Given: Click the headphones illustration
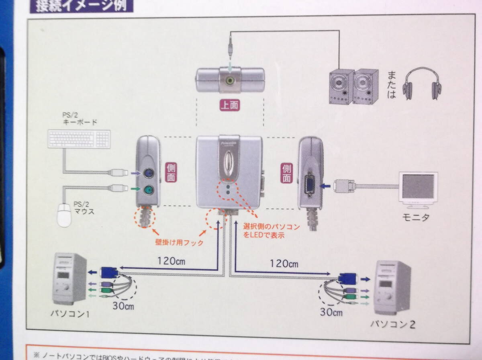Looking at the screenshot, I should pyautogui.click(x=421, y=83).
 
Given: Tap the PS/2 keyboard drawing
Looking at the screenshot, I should pyautogui.click(x=78, y=139).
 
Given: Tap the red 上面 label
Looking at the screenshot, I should pyautogui.click(x=229, y=105).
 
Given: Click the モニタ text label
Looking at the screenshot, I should pyautogui.click(x=416, y=218).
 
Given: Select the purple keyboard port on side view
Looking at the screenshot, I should pyautogui.click(x=148, y=174).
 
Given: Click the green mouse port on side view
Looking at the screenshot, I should pyautogui.click(x=148, y=190).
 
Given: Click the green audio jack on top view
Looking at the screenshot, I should pyautogui.click(x=229, y=80).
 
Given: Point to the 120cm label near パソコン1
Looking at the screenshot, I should pyautogui.click(x=172, y=260).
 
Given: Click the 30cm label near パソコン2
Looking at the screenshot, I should pyautogui.click(x=331, y=312).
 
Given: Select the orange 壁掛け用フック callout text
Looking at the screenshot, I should pyautogui.click(x=179, y=243).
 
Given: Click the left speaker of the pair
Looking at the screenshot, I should pyautogui.click(x=341, y=87).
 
